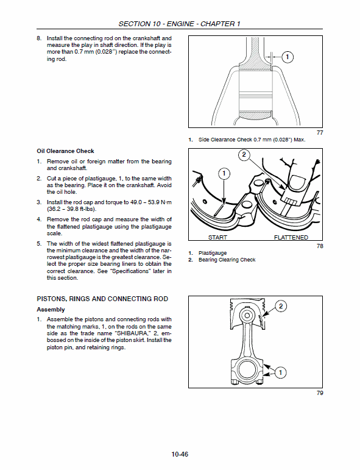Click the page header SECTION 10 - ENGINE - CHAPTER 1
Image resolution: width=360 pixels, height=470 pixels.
pyautogui.click(x=179, y=24)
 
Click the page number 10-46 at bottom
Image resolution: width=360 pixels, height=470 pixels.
pyautogui.click(x=180, y=454)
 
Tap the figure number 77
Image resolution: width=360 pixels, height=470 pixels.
pyautogui.click(x=320, y=132)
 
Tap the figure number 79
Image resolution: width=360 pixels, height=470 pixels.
pyautogui.click(x=320, y=393)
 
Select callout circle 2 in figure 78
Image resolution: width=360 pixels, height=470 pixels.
pyautogui.click(x=244, y=155)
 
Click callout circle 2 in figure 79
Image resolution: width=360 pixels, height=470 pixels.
pyautogui.click(x=281, y=307)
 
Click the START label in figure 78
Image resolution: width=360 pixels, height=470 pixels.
pyautogui.click(x=217, y=237)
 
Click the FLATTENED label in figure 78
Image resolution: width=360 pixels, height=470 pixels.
pyautogui.click(x=291, y=237)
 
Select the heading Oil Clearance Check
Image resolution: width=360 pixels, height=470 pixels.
pyautogui.click(x=65, y=151)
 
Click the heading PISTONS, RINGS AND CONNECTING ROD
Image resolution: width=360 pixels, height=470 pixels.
pyautogui.click(x=102, y=299)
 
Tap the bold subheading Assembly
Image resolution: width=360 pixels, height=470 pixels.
pyautogui.click(x=51, y=310)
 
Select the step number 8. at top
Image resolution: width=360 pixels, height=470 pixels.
pyautogui.click(x=40, y=38)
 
